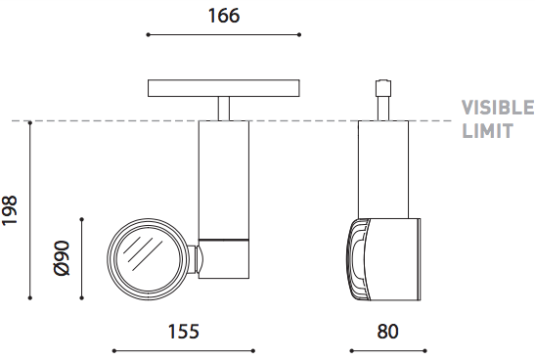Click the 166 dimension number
tap(224, 16)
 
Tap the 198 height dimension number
tap(10, 210)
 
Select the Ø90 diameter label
tap(62, 258)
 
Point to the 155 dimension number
tap(183, 332)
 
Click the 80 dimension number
tap(387, 332)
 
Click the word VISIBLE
tap(498, 108)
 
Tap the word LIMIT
tap(488, 131)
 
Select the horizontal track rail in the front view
tap(224, 88)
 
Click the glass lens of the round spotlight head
tap(148, 258)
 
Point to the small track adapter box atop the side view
tap(383, 88)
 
